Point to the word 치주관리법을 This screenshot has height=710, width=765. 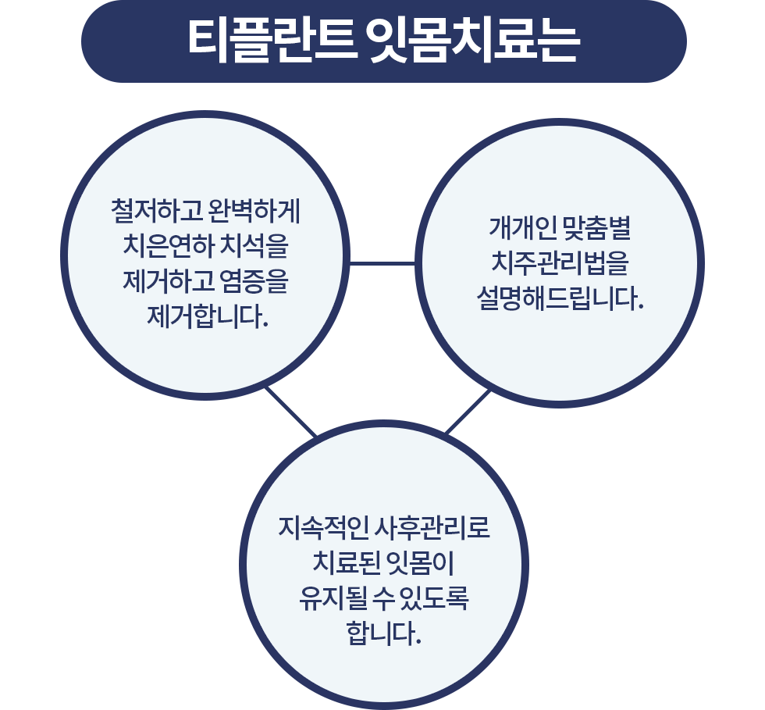[x=559, y=264]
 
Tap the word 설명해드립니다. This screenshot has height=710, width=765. [x=560, y=299]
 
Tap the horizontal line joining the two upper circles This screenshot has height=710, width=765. [x=382, y=263]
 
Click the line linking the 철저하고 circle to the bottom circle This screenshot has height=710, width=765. [x=290, y=411]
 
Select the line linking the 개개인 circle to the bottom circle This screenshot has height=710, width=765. [x=468, y=411]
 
